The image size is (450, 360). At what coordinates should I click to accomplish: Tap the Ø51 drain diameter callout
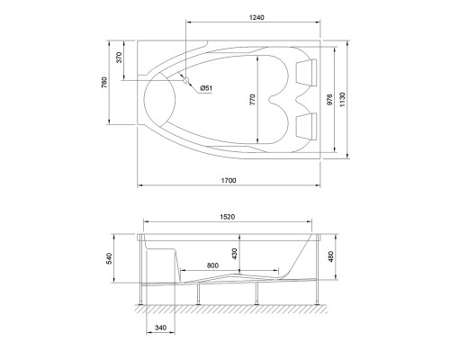205,87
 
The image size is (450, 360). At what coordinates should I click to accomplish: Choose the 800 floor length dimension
212,265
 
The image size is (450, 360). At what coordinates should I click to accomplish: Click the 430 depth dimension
236,255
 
